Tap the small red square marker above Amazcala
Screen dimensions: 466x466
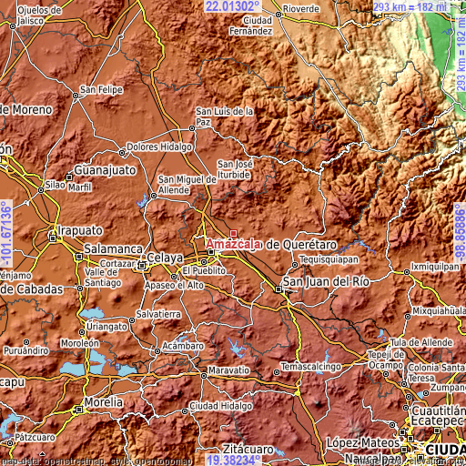pyautogui.click(x=233, y=233)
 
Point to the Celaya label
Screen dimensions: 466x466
pyautogui.click(x=165, y=258)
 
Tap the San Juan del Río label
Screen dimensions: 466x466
pyautogui.click(x=325, y=281)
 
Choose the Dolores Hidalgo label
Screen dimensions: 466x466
pyautogui.click(x=159, y=146)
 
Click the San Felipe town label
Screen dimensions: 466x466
pyautogui.click(x=100, y=89)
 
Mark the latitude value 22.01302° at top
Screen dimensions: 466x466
pyautogui.click(x=238, y=6)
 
